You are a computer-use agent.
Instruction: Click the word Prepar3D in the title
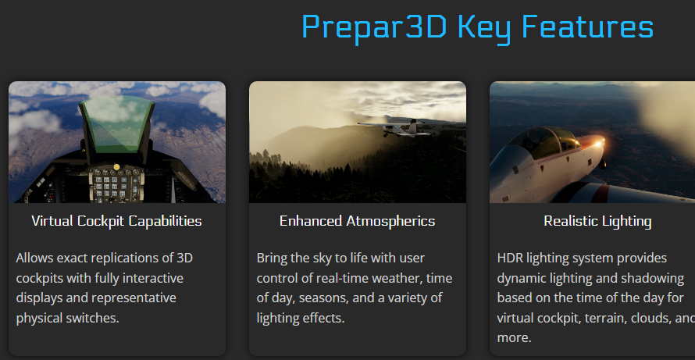[x=374, y=28]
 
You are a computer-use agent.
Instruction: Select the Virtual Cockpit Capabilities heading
[x=116, y=221]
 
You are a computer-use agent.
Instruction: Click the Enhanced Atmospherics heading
[x=357, y=221]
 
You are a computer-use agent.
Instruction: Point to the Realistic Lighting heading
[x=597, y=221]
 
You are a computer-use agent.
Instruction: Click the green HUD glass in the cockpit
[x=116, y=123]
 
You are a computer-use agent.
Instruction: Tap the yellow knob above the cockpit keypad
[x=116, y=167]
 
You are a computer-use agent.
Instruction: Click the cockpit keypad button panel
[x=116, y=186]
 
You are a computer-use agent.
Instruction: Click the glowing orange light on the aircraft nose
[x=599, y=143]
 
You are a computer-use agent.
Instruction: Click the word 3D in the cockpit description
[x=185, y=258]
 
